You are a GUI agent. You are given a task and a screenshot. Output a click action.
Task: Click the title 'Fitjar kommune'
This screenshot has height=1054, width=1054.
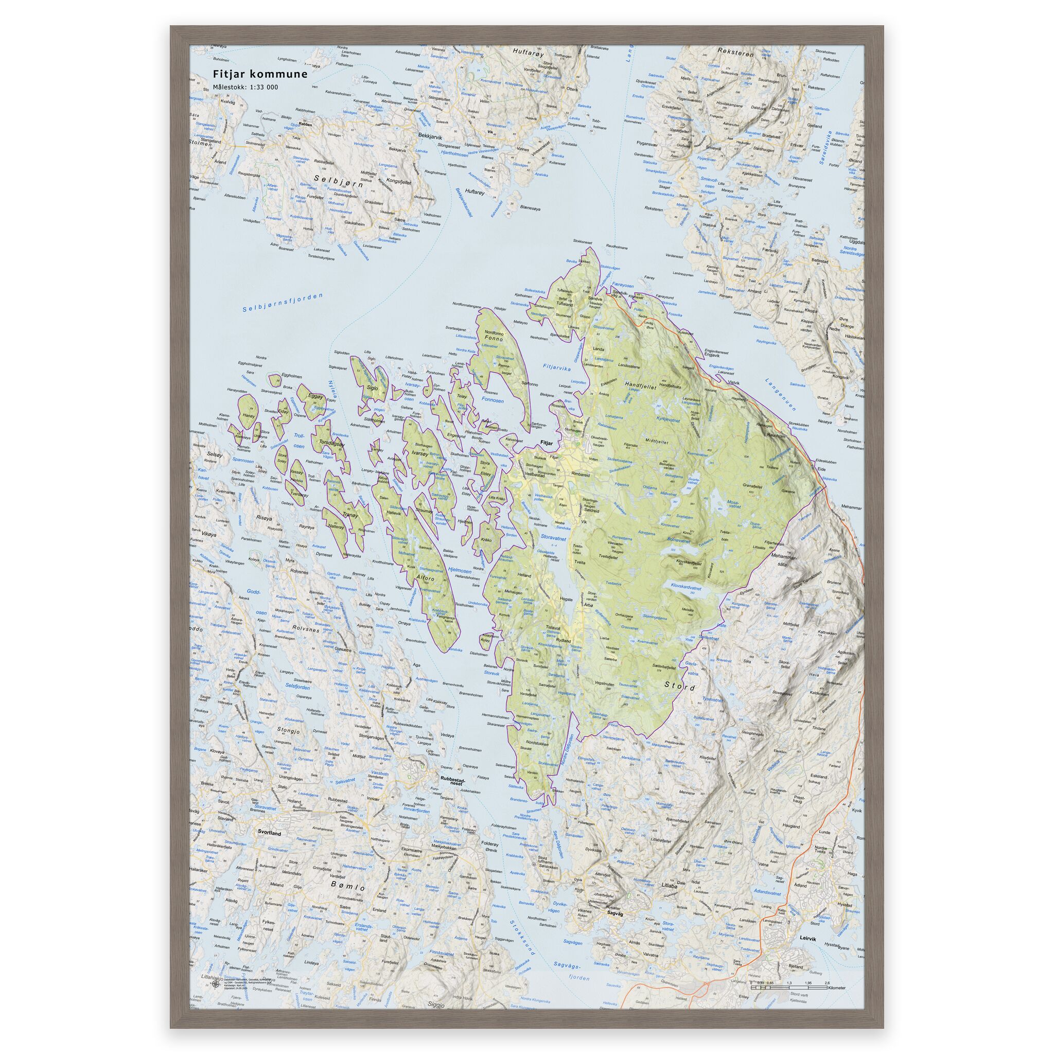point(260,74)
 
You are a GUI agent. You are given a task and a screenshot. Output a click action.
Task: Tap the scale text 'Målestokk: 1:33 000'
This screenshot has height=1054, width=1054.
point(245,87)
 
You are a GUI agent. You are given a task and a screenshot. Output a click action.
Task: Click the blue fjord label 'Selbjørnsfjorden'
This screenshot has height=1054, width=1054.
point(283,302)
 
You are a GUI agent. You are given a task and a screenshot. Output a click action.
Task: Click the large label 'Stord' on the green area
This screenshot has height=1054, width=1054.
point(680,687)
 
